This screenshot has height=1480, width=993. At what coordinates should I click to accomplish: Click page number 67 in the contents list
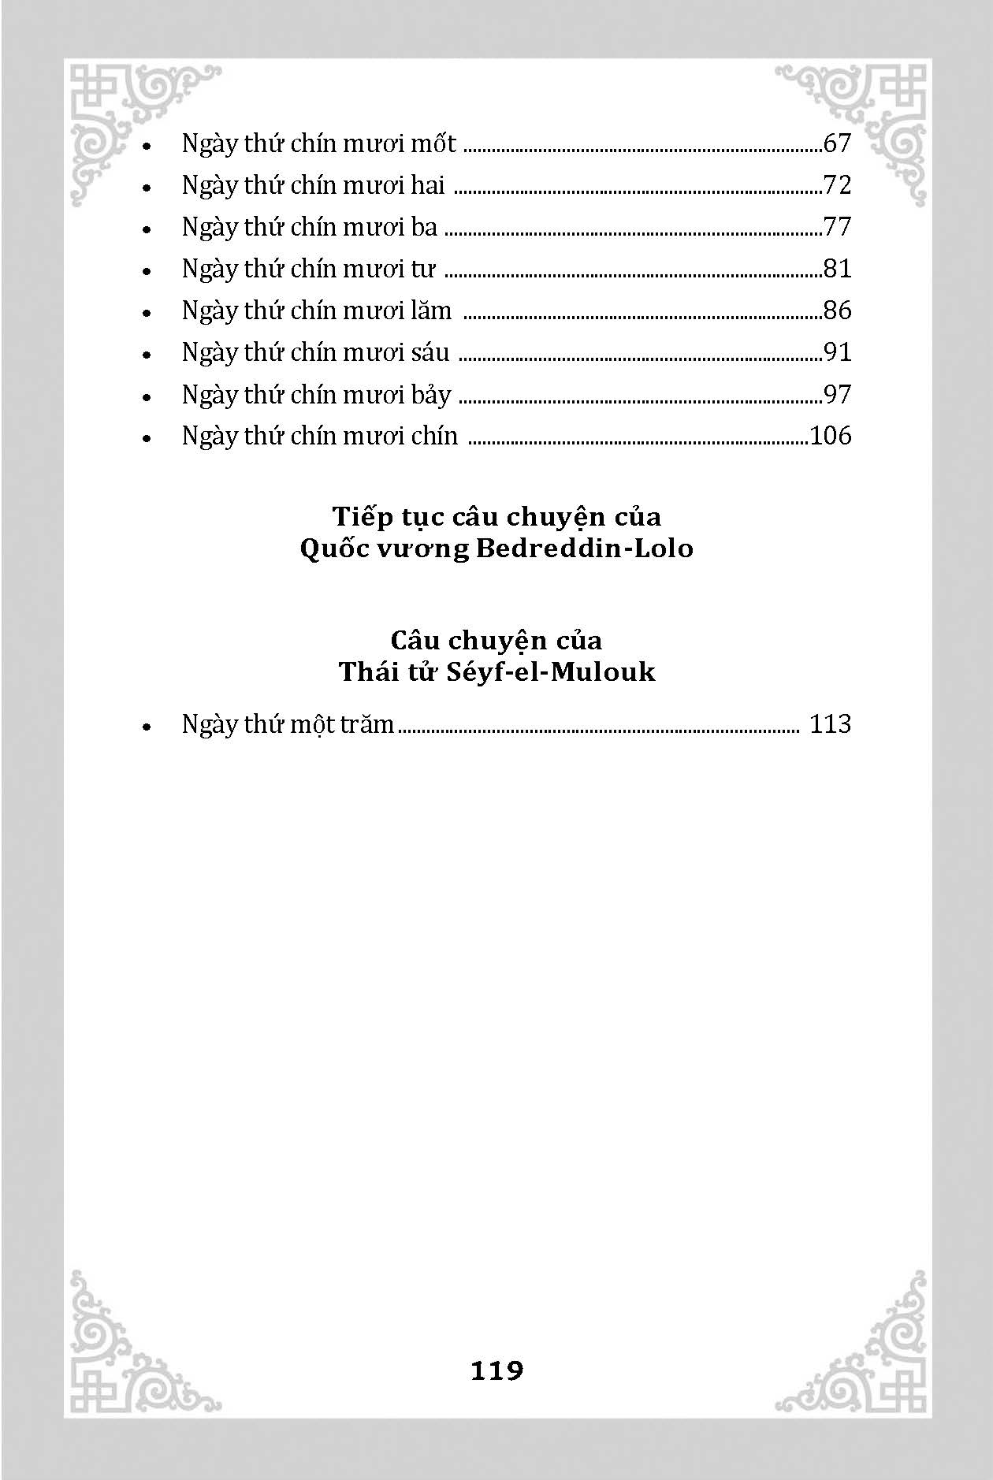point(837,144)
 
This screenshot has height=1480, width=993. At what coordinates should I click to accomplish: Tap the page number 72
point(837,186)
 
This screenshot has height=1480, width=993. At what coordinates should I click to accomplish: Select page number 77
point(837,228)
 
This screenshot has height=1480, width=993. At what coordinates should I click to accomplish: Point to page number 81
point(837,270)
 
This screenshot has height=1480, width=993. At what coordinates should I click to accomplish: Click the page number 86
point(837,311)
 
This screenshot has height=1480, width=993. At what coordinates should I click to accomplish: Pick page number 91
point(837,352)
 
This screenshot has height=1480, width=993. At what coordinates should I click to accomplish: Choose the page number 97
point(837,394)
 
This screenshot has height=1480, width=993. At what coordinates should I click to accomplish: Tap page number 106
point(831,436)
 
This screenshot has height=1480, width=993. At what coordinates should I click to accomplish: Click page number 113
point(831,724)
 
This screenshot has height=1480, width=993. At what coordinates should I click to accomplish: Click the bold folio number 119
point(496,1371)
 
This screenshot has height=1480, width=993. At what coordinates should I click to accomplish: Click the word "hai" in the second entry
point(428,186)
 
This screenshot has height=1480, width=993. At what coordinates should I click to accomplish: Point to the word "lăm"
point(431,311)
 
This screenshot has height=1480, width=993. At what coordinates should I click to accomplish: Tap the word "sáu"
point(430,352)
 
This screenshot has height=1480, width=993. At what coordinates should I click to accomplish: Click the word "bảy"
point(431,395)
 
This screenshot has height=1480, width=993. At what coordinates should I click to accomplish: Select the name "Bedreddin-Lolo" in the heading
point(585,548)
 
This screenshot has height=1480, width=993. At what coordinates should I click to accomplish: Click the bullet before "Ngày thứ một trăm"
point(147,727)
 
